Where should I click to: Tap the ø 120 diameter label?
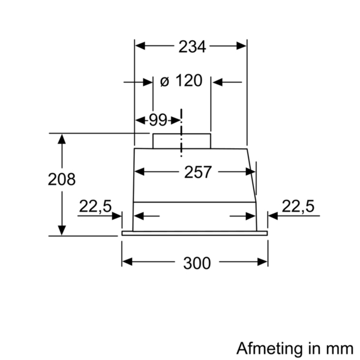182,81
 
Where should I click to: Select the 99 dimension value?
158,119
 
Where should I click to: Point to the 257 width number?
197,172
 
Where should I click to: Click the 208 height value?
62,179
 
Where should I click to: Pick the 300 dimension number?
196,262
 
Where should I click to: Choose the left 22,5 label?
95,207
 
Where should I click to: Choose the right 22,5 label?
298,207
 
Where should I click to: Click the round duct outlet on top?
182,140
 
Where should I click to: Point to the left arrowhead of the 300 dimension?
127,262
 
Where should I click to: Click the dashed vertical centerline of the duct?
181,129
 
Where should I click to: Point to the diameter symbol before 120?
164,82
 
